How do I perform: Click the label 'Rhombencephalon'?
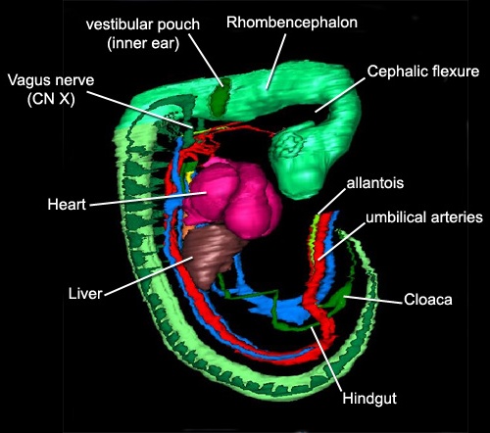click(292, 23)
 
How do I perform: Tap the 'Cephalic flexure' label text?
click(423, 72)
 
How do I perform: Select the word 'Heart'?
click(67, 205)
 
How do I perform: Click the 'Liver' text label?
click(85, 293)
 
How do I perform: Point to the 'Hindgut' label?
click(369, 399)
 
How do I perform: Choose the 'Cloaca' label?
click(428, 300)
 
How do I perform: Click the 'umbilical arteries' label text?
click(424, 217)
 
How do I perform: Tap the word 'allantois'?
click(375, 183)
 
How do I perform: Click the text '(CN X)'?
click(51, 99)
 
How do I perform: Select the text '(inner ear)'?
click(143, 43)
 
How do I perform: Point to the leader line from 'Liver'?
click(149, 276)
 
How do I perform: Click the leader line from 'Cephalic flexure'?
click(340, 95)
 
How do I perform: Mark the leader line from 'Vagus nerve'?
click(140, 110)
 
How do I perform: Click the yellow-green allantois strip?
click(315, 243)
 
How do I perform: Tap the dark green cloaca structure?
click(340, 296)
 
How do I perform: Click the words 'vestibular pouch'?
click(143, 24)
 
